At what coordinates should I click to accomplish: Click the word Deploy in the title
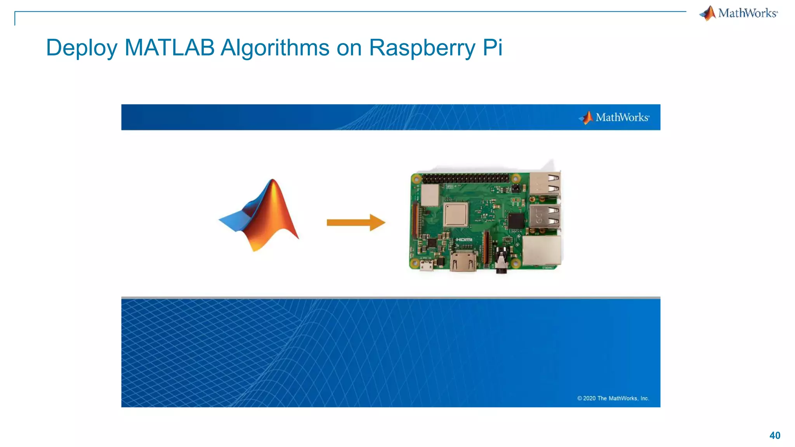coord(82,48)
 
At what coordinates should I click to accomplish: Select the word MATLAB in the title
coord(169,48)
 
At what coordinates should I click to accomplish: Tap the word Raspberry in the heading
coord(422,48)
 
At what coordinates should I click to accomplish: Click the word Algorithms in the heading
coord(275,48)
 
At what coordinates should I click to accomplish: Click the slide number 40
coord(774,435)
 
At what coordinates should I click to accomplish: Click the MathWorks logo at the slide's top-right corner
coord(738,13)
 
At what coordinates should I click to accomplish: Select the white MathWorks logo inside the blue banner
coord(614,117)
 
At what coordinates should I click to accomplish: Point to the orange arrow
coord(356,222)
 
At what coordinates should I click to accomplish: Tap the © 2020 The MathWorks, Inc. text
coord(613,398)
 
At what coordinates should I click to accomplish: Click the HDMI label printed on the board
coord(464,239)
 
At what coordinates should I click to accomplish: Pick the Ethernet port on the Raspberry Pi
coord(542,250)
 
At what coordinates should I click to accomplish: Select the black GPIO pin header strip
coord(465,178)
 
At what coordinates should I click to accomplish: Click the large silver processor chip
coord(456,214)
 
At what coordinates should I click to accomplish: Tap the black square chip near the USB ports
coord(516,221)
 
